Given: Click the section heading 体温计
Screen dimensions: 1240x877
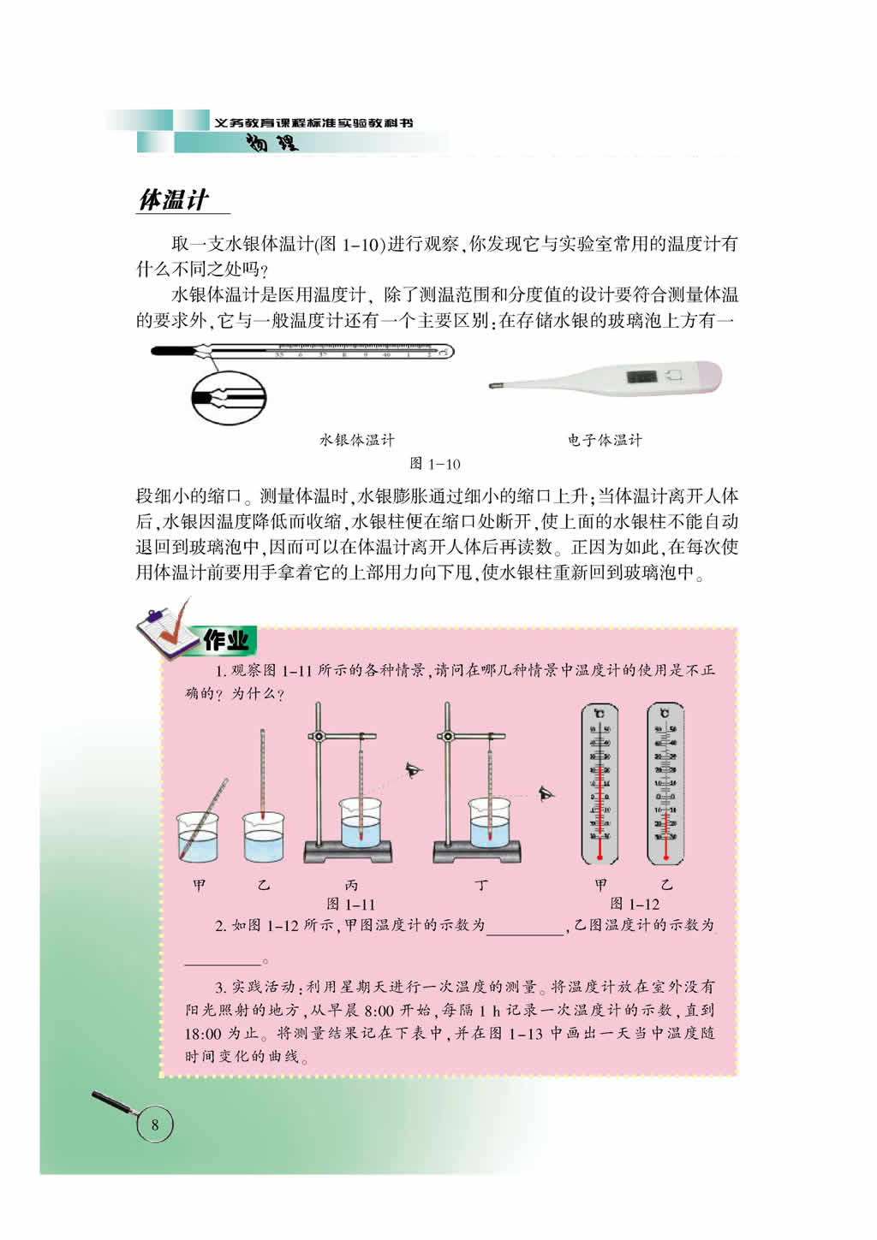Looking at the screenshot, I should point(174,200).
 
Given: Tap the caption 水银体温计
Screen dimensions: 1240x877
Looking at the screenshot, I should point(357,440).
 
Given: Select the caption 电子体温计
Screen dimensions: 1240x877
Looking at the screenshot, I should point(604,440).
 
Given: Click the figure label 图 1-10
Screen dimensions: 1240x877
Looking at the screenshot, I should point(435,464).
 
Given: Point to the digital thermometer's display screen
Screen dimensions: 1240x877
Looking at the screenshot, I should point(641,376).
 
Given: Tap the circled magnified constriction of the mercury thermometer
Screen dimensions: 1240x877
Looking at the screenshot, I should point(228,398).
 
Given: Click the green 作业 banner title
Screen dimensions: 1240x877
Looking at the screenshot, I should point(226,639).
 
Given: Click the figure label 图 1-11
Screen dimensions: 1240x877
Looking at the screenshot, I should point(351,904).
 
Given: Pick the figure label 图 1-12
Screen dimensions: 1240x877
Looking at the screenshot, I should point(635,904).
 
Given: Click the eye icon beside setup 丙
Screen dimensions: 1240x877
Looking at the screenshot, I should point(415,770).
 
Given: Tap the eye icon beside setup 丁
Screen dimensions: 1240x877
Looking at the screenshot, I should point(546,794).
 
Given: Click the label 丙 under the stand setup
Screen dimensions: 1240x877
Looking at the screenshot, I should point(351,885).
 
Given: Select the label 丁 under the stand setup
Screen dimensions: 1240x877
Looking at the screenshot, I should point(481,885).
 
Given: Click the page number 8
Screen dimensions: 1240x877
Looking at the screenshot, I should point(155,1124).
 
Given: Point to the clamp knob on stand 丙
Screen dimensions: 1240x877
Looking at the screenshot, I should point(318,737).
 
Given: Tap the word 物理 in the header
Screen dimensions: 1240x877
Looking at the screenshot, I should point(272,143).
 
